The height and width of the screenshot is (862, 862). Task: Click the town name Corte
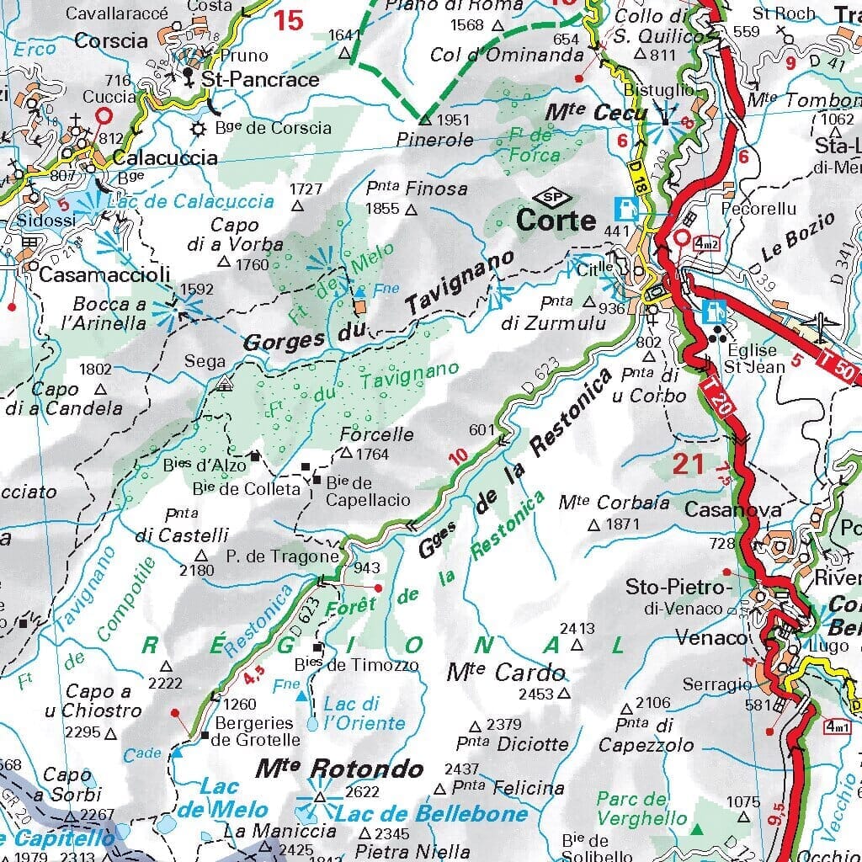pyautogui.click(x=556, y=221)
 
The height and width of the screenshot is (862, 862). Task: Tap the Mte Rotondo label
pyautogui.click(x=339, y=769)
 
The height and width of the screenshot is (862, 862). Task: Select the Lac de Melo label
pyautogui.click(x=222, y=799)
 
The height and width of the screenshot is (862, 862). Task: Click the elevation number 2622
pyautogui.click(x=363, y=791)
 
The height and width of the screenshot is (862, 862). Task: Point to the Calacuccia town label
pyautogui.click(x=164, y=157)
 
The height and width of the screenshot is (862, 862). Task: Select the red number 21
pyautogui.click(x=688, y=463)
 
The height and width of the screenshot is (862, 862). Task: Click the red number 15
pyautogui.click(x=289, y=20)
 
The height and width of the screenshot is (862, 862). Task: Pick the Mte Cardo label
pyautogui.click(x=506, y=673)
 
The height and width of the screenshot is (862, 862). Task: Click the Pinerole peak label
pyautogui.click(x=436, y=140)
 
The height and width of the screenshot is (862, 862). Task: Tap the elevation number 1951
pyautogui.click(x=454, y=120)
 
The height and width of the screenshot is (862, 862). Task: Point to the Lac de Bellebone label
pyautogui.click(x=431, y=813)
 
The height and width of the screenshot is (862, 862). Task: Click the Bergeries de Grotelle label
pyautogui.click(x=255, y=732)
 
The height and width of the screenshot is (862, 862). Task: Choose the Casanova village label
pyautogui.click(x=721, y=509)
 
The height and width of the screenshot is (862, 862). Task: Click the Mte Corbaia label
pyautogui.click(x=614, y=503)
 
